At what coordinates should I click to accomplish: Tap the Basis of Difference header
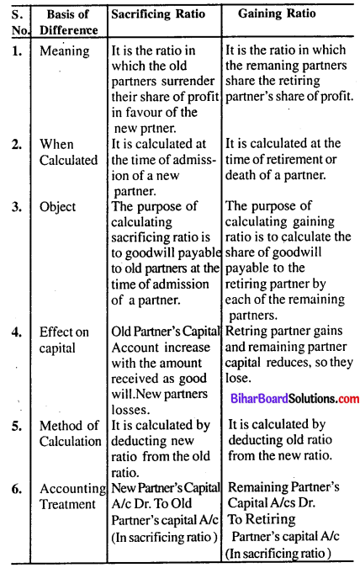[70, 23]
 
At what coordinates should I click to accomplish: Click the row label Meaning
[64, 50]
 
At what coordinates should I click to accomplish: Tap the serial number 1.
[14, 50]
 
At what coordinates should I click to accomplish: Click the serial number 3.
[14, 208]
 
